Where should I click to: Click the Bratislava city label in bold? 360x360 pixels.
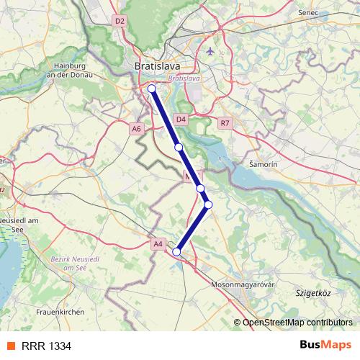[158, 66]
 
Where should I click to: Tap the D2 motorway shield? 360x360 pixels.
[120, 22]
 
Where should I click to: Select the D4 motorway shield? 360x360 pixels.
[181, 119]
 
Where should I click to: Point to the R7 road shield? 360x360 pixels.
[225, 123]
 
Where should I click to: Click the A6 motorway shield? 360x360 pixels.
[137, 128]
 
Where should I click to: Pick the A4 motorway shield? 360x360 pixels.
[158, 245]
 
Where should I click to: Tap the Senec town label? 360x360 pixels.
[308, 13]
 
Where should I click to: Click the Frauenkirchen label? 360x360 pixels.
[60, 312]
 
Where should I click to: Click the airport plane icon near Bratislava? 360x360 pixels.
[210, 52]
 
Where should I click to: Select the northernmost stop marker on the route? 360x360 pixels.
[151, 89]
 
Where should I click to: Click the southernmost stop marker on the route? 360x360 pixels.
[176, 251]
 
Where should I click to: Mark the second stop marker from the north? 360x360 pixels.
[178, 148]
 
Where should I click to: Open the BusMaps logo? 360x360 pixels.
[325, 346]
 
